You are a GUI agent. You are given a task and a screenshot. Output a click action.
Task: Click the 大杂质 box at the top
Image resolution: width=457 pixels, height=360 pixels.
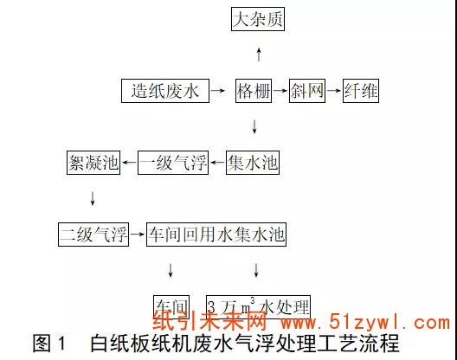click(x=258, y=19)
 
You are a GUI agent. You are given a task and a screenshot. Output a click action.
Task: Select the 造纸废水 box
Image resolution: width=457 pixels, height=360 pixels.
click(x=165, y=91)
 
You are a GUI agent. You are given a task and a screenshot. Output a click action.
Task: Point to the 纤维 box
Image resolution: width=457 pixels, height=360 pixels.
click(x=361, y=91)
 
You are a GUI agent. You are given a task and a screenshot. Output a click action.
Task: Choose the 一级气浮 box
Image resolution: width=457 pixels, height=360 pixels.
click(x=174, y=161)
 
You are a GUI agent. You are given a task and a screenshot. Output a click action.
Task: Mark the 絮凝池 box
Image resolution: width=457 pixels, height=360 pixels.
click(x=93, y=161)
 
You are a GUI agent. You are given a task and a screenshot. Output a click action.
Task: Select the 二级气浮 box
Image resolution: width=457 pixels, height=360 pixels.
click(x=93, y=234)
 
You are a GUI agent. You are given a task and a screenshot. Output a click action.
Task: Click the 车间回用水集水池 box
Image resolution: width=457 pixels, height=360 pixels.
click(x=216, y=234)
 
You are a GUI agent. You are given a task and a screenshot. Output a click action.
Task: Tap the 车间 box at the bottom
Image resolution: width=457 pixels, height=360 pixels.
click(x=171, y=306)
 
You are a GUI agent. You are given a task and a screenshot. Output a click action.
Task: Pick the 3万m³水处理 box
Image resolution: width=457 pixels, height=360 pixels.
click(x=258, y=306)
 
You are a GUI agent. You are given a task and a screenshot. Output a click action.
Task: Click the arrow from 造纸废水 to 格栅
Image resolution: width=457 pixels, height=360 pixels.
click(x=222, y=91)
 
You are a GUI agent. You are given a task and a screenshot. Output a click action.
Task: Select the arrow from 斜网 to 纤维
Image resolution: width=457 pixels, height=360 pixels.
click(x=333, y=91)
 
